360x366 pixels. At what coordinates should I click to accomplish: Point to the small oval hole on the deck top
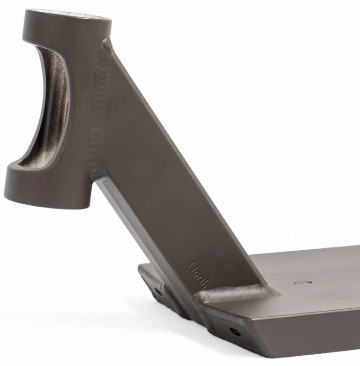tap(303, 283)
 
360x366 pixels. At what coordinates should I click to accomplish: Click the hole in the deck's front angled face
tap(235, 332)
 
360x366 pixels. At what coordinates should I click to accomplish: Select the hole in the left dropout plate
tap(157, 291)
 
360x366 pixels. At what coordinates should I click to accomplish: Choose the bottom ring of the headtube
tap(47, 187)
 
